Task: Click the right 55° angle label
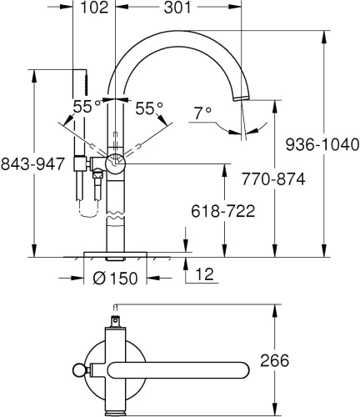pyautogui.click(x=149, y=107)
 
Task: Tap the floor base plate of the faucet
pyautogui.click(x=115, y=252)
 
